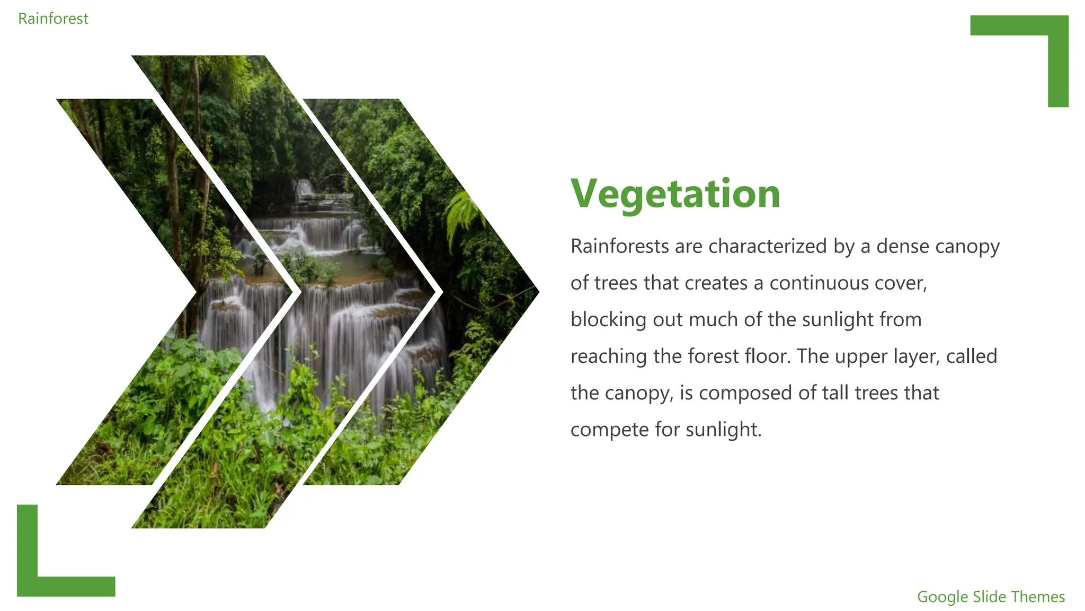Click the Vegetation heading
pyautogui.click(x=675, y=194)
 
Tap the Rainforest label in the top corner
pyautogui.click(x=53, y=19)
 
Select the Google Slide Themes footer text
pyautogui.click(x=990, y=597)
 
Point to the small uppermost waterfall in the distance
pyautogui.click(x=305, y=188)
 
